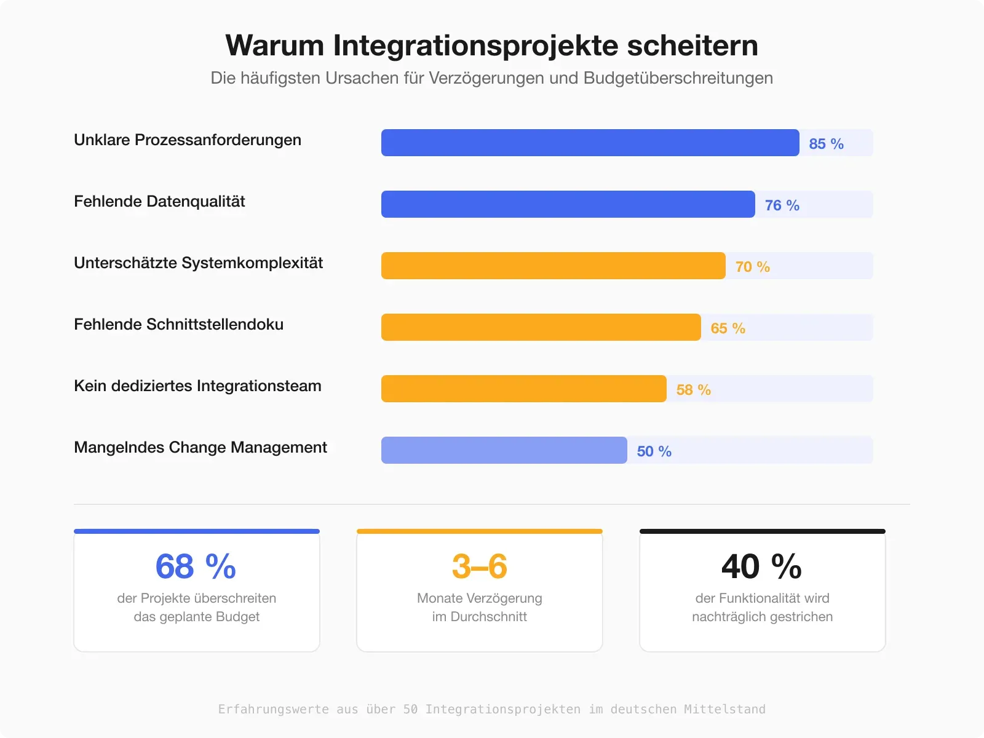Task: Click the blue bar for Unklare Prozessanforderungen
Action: coord(590,143)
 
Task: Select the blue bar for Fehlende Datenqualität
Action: coord(568,204)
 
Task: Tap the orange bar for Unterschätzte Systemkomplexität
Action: coord(553,266)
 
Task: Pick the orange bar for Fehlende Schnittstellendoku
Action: coord(541,327)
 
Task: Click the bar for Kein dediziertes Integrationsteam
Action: coord(523,389)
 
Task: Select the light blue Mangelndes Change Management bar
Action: coord(504,450)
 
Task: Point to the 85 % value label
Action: coord(826,144)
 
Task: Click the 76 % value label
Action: coord(782,205)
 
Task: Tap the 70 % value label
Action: coord(752,267)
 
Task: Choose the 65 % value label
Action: coord(728,328)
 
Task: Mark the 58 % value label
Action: coord(693,390)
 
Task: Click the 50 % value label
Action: coord(654,451)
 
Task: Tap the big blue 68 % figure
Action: coord(196,566)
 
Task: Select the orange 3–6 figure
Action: coord(479,566)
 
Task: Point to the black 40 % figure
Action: coord(761,566)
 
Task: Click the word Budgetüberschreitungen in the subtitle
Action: coord(678,78)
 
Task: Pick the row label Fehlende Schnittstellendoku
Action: coord(178,324)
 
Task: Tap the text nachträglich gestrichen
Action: coord(762,616)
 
